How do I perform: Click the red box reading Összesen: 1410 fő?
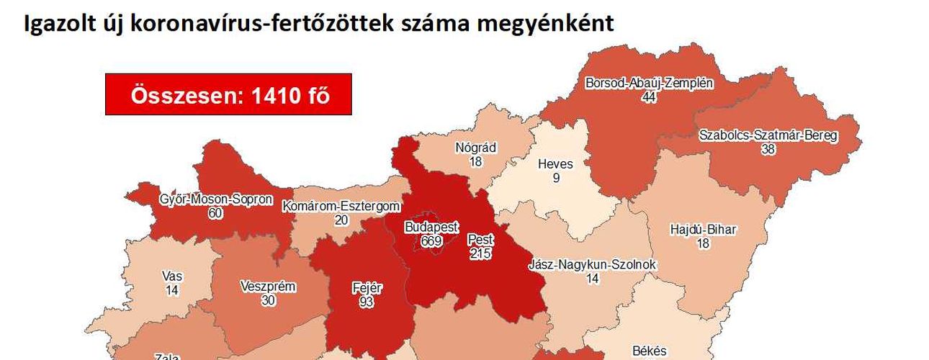click(228, 94)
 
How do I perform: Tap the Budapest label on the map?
click(431, 228)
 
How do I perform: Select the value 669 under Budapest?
click(431, 240)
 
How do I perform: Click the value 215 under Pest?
click(480, 253)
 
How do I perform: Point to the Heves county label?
click(555, 164)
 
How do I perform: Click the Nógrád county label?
click(476, 148)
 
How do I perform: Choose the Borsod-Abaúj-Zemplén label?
click(649, 83)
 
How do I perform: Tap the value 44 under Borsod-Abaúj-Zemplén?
click(649, 96)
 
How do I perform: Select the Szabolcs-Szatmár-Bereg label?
click(768, 135)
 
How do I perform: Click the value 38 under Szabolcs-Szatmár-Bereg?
click(768, 149)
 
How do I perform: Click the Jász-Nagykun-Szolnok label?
click(593, 265)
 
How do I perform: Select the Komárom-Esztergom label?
click(341, 207)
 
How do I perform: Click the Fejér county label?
click(367, 289)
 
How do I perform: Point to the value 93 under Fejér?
click(367, 302)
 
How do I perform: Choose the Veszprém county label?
click(268, 287)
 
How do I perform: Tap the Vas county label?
click(172, 276)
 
